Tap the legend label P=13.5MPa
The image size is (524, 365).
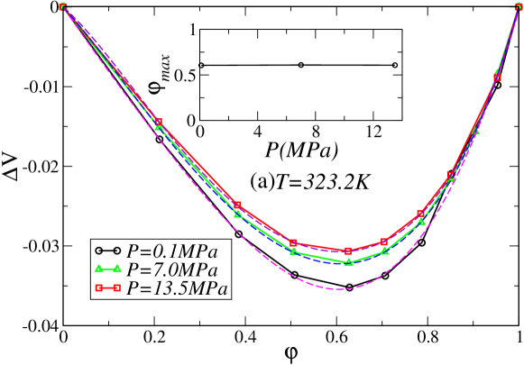click(177, 288)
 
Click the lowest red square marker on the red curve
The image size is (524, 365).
click(348, 251)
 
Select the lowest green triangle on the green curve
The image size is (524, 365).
click(349, 262)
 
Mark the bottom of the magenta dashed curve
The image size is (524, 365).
click(341, 289)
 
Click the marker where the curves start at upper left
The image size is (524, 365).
click(62, 6)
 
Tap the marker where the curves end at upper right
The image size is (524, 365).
click(518, 6)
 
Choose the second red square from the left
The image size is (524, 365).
click(159, 122)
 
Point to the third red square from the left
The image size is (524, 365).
click(238, 205)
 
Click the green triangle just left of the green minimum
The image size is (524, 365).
click(293, 251)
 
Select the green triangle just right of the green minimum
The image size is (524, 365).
click(385, 251)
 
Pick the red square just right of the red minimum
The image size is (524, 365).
click(384, 242)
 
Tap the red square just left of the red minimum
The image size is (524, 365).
click(293, 242)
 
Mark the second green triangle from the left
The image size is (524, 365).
click(159, 127)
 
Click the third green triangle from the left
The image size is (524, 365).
click(238, 214)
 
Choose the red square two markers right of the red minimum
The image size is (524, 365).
click(421, 214)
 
